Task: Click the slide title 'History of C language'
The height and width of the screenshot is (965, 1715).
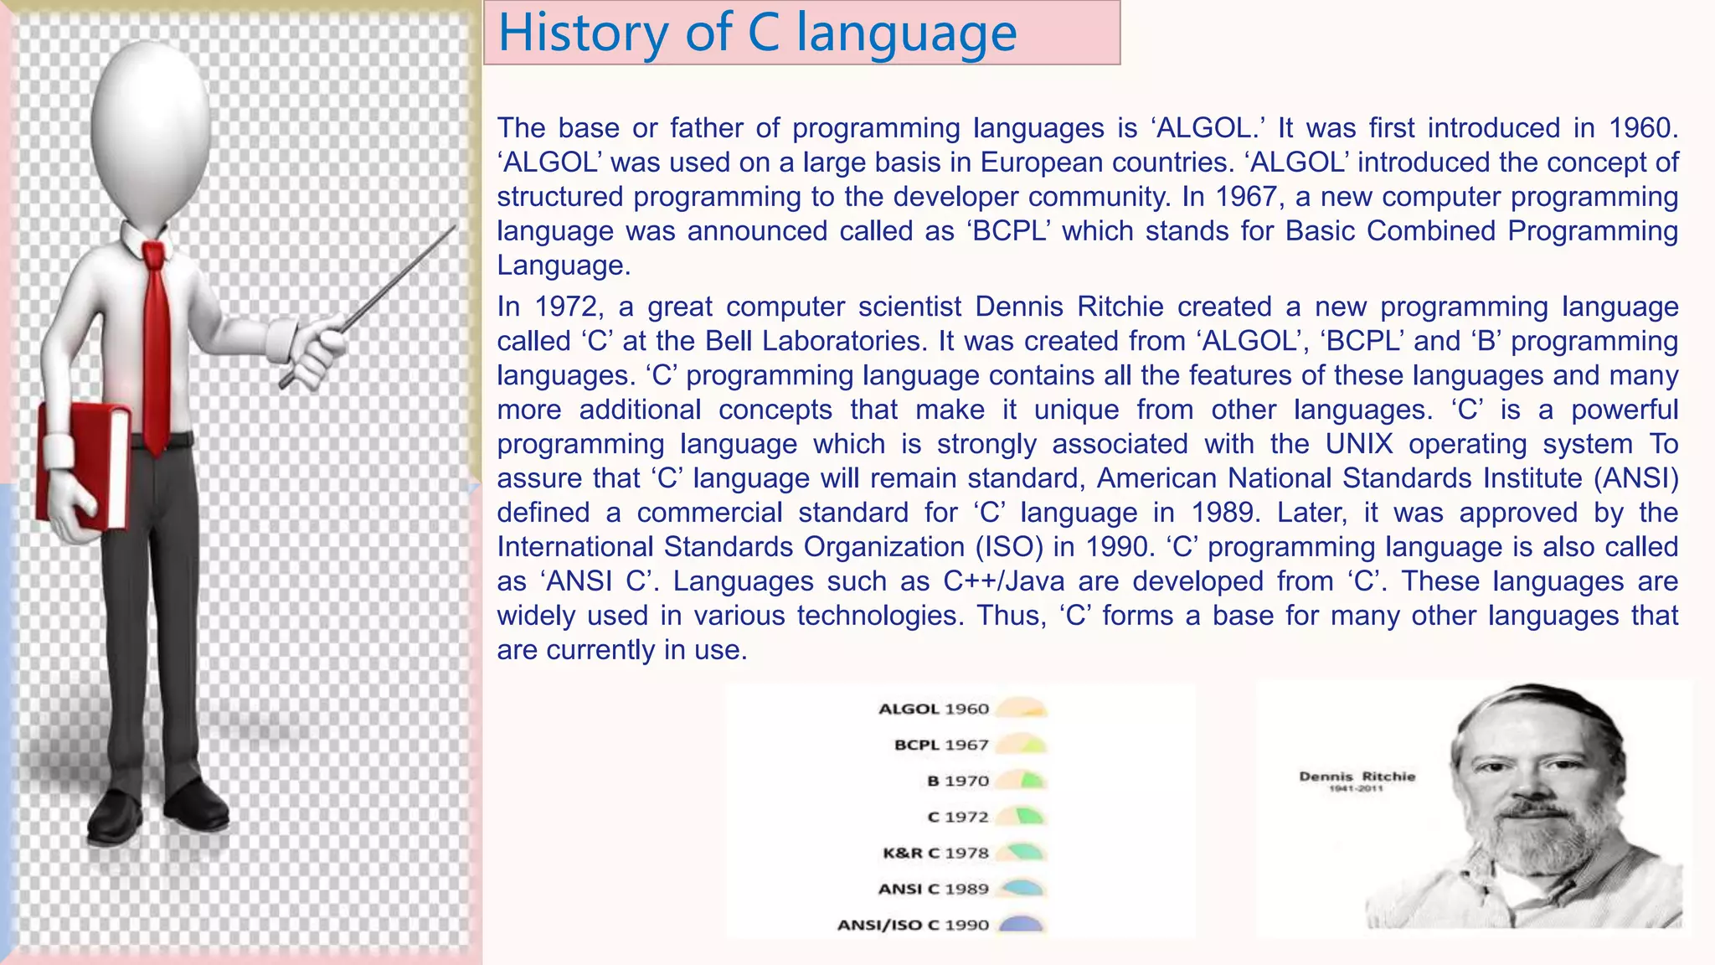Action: pyautogui.click(x=757, y=34)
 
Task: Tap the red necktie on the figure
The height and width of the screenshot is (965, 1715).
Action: pyautogui.click(x=156, y=343)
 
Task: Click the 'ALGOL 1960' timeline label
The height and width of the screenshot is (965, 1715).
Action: pyautogui.click(x=933, y=709)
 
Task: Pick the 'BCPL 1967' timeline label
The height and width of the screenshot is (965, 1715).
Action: pyautogui.click(x=941, y=745)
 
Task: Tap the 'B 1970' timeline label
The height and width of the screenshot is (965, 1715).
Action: pyautogui.click(x=958, y=781)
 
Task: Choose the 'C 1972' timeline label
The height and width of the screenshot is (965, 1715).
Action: pyautogui.click(x=958, y=817)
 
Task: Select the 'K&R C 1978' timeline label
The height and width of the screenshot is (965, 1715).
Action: pyautogui.click(x=935, y=853)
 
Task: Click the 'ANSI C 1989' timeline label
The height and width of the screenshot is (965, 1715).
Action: pyautogui.click(x=933, y=889)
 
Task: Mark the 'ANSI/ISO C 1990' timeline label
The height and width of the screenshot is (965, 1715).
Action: pyautogui.click(x=913, y=925)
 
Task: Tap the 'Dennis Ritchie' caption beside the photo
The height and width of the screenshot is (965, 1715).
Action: pyautogui.click(x=1357, y=777)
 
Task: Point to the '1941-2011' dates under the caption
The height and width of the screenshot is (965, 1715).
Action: pyautogui.click(x=1357, y=788)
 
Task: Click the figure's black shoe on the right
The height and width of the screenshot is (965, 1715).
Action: pyautogui.click(x=197, y=806)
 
